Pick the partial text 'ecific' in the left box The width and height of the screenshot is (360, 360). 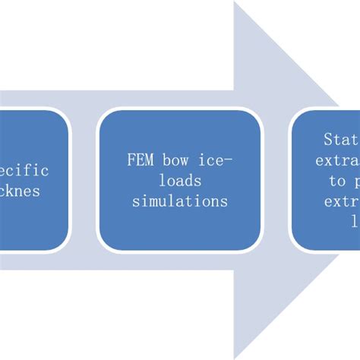[x=27, y=171]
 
